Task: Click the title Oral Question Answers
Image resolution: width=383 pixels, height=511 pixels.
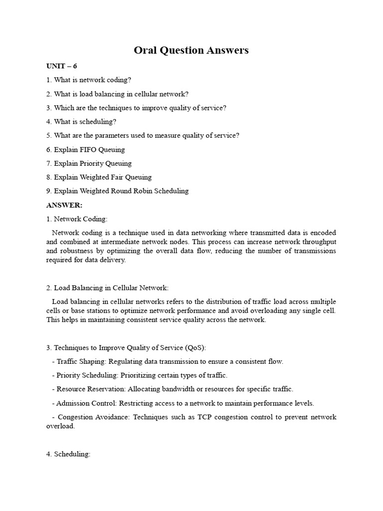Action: click(x=191, y=50)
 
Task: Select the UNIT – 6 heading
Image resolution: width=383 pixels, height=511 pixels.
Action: click(x=62, y=66)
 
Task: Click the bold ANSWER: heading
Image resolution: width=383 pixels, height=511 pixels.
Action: click(x=64, y=205)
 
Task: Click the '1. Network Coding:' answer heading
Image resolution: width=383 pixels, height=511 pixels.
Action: click(x=77, y=219)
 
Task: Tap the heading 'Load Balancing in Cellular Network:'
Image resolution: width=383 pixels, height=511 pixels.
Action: click(x=111, y=288)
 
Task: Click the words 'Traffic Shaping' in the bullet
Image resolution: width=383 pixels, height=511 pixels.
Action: click(x=80, y=361)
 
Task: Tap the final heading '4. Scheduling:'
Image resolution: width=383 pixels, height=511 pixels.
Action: click(x=68, y=454)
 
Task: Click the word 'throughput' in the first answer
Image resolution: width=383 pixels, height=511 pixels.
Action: click(x=319, y=242)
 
